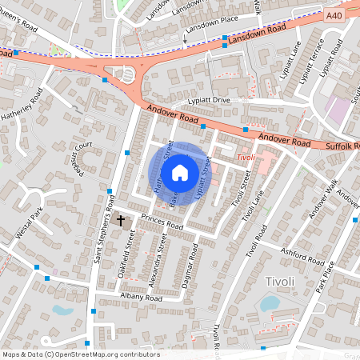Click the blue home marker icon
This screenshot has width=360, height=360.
point(180,171)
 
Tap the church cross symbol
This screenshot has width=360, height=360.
point(122,219)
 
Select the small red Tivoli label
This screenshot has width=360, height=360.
point(245,158)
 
